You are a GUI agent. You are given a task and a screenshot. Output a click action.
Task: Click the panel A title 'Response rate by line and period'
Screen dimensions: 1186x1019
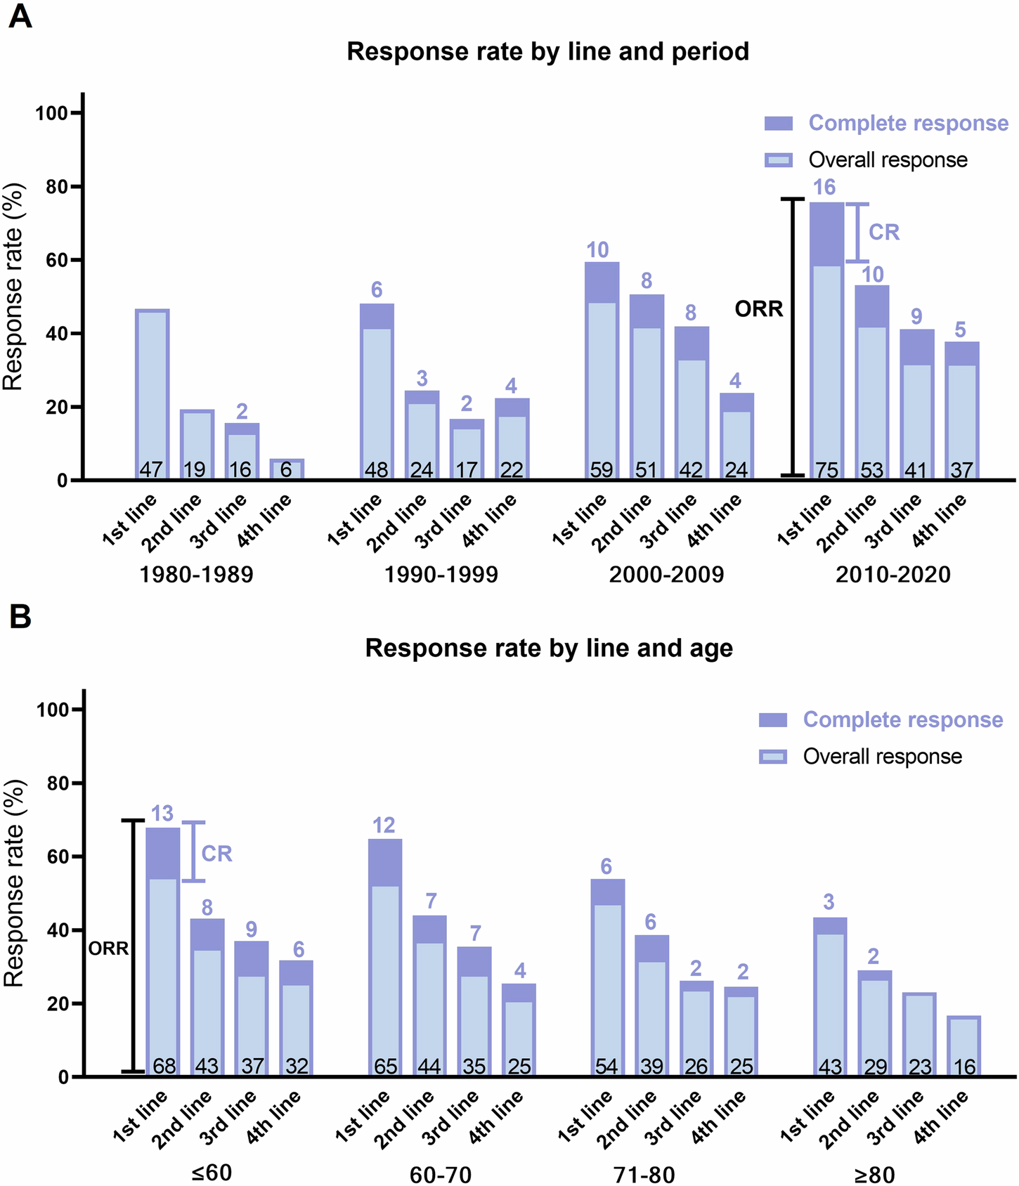(547, 52)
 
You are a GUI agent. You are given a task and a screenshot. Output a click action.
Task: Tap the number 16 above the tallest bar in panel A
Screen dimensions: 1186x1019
(824, 188)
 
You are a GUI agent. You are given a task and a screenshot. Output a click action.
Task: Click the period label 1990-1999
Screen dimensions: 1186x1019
(441, 575)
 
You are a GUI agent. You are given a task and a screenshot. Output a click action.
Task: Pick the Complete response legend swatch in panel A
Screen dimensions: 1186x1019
(779, 124)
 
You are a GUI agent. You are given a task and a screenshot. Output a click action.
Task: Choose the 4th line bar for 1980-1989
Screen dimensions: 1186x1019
(287, 469)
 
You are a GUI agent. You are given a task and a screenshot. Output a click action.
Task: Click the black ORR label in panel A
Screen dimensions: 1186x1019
(758, 309)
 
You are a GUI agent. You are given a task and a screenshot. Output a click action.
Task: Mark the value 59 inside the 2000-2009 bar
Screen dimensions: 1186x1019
(602, 469)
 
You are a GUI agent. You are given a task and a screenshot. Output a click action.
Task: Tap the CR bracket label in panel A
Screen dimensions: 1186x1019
(883, 233)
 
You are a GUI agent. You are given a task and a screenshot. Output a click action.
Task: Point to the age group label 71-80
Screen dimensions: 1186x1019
(644, 1174)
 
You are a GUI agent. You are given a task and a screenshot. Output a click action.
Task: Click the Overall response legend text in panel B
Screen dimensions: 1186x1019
(882, 757)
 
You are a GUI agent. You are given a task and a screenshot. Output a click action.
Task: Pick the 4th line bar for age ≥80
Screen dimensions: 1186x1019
(963, 1047)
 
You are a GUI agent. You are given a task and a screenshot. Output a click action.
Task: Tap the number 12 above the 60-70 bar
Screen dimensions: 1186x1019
(384, 825)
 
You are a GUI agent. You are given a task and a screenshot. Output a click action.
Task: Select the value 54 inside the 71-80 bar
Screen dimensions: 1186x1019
(606, 1067)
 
